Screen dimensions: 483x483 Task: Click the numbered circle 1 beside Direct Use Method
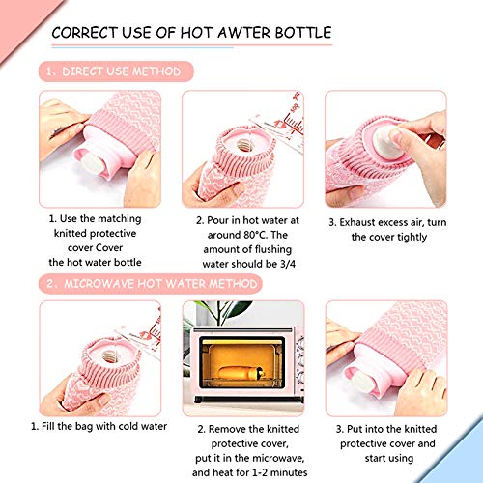[x=49, y=71]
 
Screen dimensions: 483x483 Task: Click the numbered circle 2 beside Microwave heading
[x=49, y=284]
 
